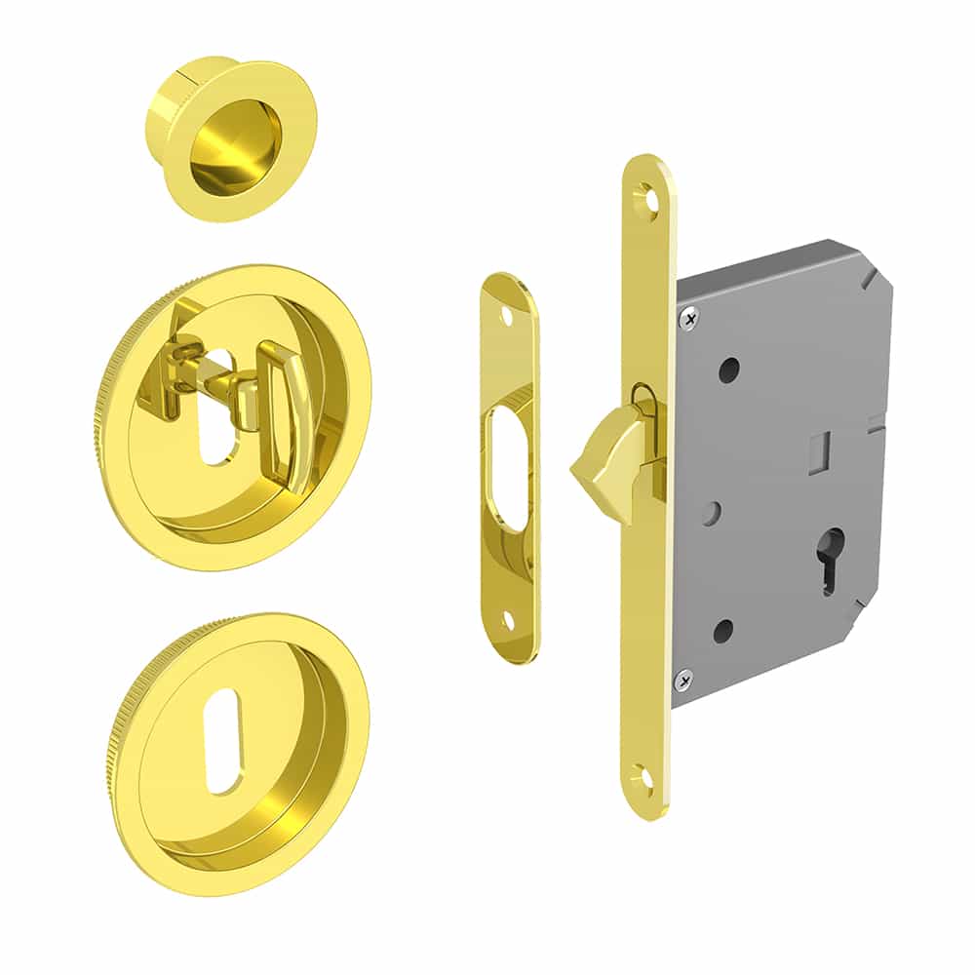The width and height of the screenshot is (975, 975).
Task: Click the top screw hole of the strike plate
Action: [x=508, y=317]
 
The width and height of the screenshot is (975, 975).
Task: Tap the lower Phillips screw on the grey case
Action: [x=684, y=680]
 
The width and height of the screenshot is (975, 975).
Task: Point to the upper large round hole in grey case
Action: [x=728, y=370]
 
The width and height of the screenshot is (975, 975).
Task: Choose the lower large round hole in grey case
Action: [x=723, y=631]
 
